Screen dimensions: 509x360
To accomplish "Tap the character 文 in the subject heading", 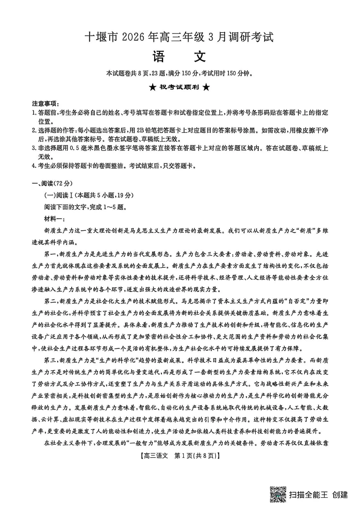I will (x=199, y=57).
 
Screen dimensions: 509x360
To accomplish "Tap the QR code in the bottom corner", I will (x=278, y=494).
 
